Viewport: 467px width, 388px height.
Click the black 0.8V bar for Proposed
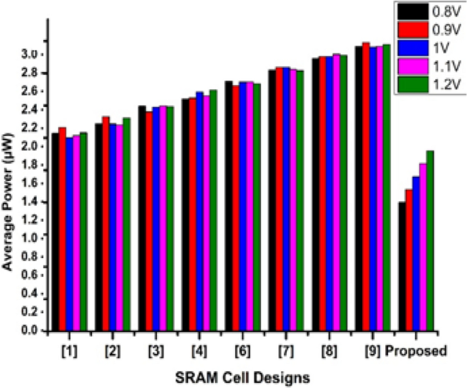pos(402,266)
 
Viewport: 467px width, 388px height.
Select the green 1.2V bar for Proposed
pos(430,241)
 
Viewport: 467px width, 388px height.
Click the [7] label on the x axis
pos(285,351)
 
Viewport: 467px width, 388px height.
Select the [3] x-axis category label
pos(156,351)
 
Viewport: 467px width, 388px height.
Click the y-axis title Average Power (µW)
pos(9,197)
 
